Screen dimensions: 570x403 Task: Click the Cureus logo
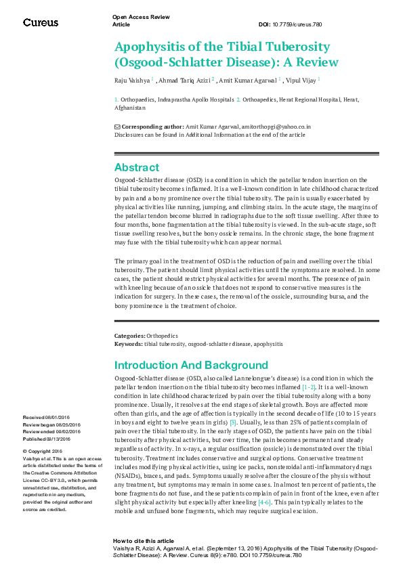click(x=40, y=22)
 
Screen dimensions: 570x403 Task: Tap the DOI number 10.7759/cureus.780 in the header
click(x=301, y=24)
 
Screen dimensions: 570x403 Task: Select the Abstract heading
click(x=137, y=167)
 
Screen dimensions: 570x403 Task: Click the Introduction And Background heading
click(x=192, y=365)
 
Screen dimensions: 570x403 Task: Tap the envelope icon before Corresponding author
click(x=117, y=127)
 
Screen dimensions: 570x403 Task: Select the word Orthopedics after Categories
click(x=162, y=336)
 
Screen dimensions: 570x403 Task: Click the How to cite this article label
click(x=144, y=542)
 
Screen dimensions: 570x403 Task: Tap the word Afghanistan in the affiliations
click(x=130, y=108)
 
